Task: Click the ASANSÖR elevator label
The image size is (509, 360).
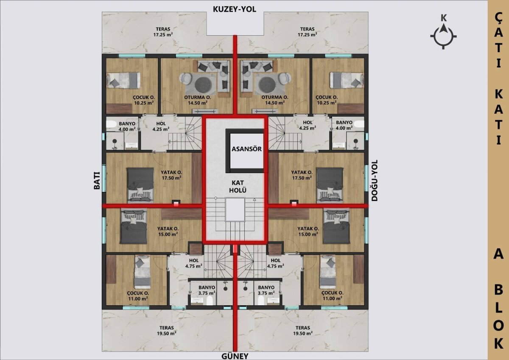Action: tap(246, 149)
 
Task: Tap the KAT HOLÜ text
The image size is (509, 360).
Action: tap(238, 186)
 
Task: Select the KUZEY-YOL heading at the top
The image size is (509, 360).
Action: tap(235, 9)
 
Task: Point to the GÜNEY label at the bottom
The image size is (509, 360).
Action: tap(235, 356)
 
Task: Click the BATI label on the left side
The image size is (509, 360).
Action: tap(97, 180)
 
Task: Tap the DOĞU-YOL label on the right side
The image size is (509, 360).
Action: tap(375, 180)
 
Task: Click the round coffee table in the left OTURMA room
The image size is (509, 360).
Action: tap(203, 84)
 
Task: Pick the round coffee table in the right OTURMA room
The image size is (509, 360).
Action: tap(267, 84)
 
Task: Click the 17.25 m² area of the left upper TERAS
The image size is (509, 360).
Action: tap(163, 34)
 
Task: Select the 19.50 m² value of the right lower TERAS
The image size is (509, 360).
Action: tap(303, 333)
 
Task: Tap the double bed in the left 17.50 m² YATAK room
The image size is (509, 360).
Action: tap(140, 185)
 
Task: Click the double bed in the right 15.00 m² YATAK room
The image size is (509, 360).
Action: tap(336, 226)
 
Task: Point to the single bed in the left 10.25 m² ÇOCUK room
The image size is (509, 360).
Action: tap(123, 80)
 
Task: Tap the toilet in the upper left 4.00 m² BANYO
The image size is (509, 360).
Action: tap(111, 124)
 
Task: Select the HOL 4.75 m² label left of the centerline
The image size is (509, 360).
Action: tap(193, 263)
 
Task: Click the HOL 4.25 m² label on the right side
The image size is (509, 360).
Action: tap(308, 125)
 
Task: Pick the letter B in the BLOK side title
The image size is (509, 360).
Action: tap(498, 291)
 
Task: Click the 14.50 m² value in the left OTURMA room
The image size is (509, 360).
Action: tap(198, 103)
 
